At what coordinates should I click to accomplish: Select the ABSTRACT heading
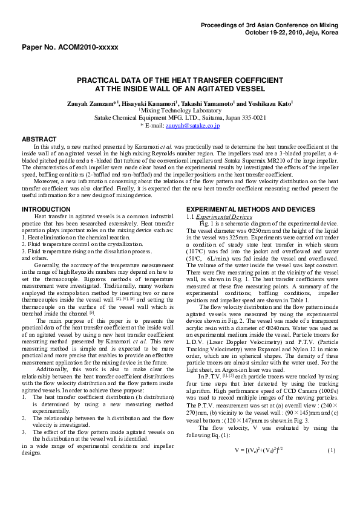pyautogui.click(x=39, y=139)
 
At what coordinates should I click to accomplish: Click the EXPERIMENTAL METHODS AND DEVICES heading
pyautogui.click(x=250, y=209)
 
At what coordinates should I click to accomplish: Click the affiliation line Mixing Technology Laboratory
pyautogui.click(x=180, y=111)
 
